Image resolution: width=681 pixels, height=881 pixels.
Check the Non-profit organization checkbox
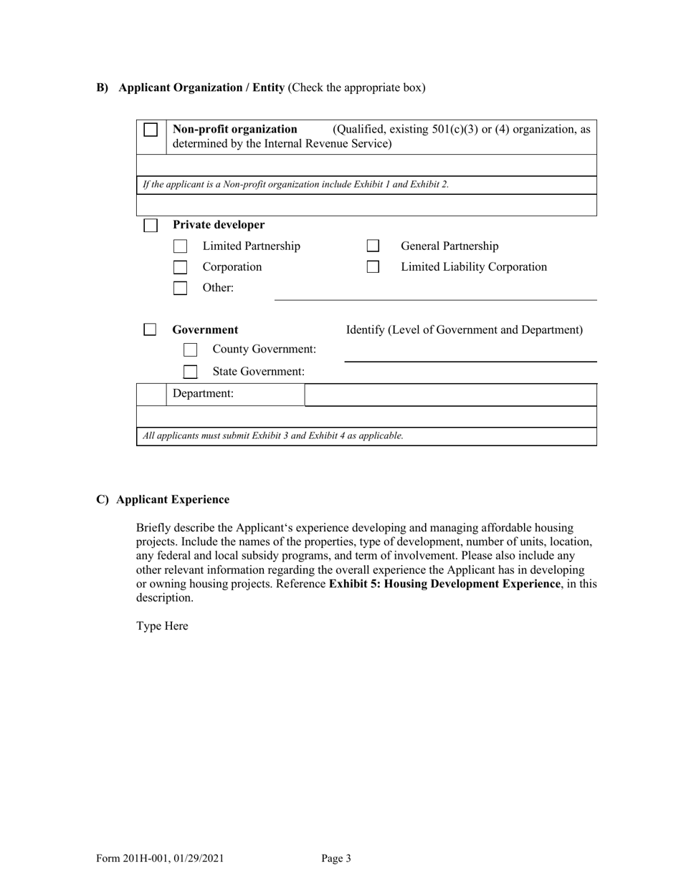(151, 130)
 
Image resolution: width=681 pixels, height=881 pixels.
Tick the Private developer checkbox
(151, 226)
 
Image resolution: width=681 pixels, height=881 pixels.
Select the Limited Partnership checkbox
(181, 246)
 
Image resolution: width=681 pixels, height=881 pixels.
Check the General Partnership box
(373, 246)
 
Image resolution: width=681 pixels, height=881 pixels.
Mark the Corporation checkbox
(181, 267)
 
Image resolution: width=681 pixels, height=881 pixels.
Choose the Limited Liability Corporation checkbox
(373, 267)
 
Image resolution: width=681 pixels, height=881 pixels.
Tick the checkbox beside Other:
(181, 289)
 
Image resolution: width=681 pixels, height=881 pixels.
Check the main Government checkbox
(150, 329)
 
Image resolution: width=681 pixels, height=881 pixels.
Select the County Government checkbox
(190, 350)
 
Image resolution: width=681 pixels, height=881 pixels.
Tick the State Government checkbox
(190, 372)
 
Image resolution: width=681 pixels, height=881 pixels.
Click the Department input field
(450, 395)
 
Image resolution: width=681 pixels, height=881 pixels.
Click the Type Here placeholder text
(162, 626)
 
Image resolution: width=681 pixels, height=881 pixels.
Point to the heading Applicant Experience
(173, 499)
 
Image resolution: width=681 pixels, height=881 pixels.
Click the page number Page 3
(336, 858)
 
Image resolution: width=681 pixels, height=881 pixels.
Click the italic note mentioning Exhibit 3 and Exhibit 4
(273, 435)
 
